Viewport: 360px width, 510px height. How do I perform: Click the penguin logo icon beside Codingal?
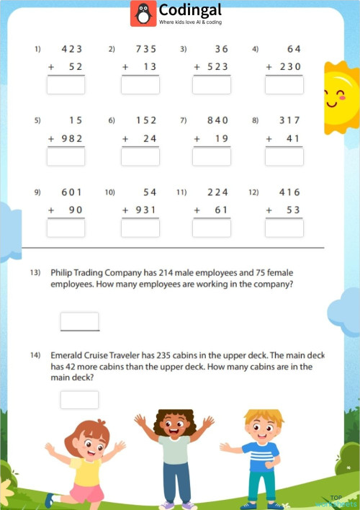[143, 14]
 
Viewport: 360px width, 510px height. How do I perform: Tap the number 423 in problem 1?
[72, 49]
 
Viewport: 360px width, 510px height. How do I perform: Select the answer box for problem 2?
[140, 85]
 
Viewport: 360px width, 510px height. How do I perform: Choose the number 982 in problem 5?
[72, 138]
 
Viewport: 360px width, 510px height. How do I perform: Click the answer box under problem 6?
[140, 156]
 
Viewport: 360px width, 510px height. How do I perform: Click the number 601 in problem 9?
[72, 192]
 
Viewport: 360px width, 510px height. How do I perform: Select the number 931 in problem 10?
[144, 210]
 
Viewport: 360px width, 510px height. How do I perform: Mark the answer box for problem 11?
[212, 228]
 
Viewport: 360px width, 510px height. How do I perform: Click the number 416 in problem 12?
[289, 192]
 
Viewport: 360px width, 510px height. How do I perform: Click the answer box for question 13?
[79, 321]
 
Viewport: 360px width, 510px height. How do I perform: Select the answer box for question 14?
[79, 400]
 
